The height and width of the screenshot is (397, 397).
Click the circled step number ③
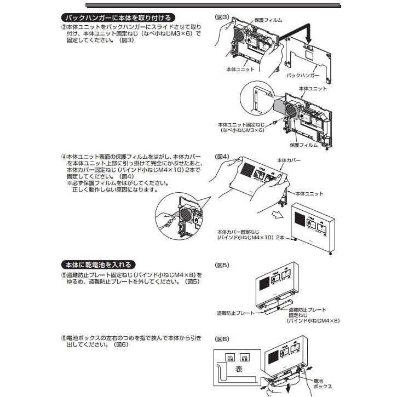(x=64, y=26)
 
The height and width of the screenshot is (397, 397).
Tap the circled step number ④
(x=64, y=157)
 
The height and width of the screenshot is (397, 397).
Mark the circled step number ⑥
(x=64, y=338)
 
